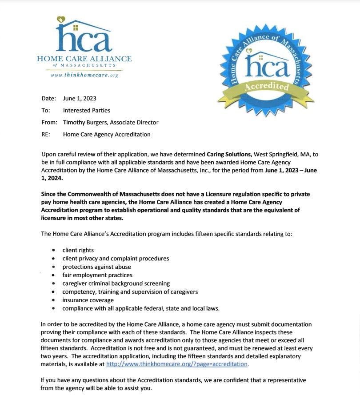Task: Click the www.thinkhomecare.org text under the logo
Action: pos(85,75)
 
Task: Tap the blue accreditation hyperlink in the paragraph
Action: pos(176,364)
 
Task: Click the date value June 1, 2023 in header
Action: pos(80,98)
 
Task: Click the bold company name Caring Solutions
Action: pos(229,154)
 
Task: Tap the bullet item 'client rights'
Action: pos(78,250)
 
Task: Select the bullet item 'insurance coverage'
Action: pos(88,300)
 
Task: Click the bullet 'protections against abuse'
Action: pos(96,267)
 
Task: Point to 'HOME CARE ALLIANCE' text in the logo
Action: pos(84,59)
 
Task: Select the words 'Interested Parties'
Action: pos(87,110)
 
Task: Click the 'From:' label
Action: pos(49,122)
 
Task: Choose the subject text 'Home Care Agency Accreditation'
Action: pos(107,134)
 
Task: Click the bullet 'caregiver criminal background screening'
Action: pos(116,283)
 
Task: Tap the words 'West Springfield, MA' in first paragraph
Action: pos(283,154)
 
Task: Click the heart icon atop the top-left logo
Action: pos(61,20)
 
